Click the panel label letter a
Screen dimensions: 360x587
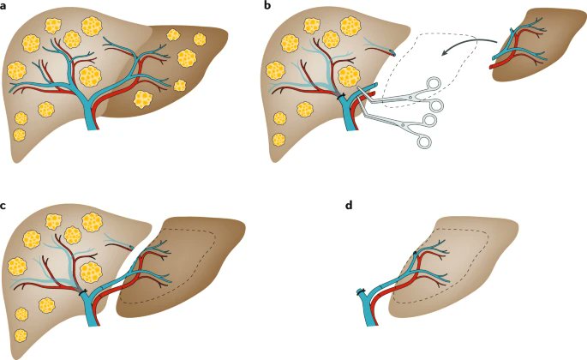tap(5, 6)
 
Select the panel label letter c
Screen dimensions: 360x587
tap(5, 205)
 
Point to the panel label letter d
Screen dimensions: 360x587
tap(345, 205)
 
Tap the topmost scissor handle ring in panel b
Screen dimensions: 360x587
tap(435, 85)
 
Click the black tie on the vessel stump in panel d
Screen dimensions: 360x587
tap(362, 291)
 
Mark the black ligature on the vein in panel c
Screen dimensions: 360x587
tap(84, 294)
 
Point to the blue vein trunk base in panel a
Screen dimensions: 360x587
tap(92, 120)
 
